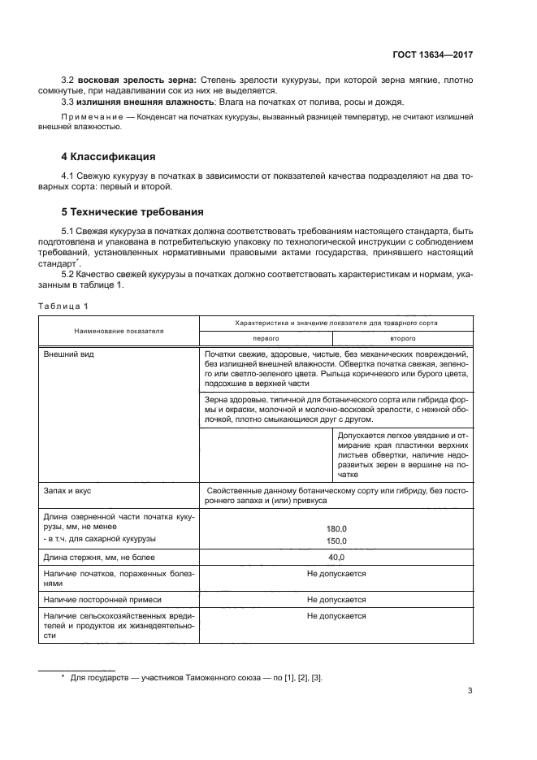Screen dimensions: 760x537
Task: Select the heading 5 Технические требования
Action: coord(132,213)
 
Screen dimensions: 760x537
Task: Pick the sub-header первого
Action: coord(266,337)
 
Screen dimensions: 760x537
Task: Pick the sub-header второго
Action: coord(403,337)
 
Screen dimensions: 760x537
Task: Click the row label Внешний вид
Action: coord(67,355)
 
